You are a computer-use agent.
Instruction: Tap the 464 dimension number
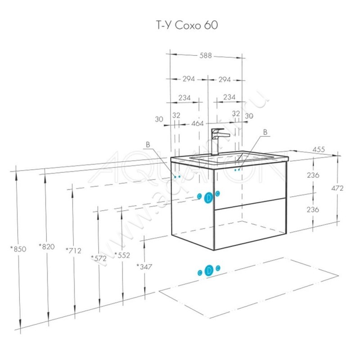pyautogui.click(x=198, y=123)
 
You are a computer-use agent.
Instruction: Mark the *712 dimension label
pyautogui.click(x=73, y=250)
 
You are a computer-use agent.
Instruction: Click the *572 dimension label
pyautogui.click(x=98, y=258)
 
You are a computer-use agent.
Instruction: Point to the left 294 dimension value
pyautogui.click(x=188, y=79)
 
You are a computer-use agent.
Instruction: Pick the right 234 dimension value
pyautogui.click(x=229, y=97)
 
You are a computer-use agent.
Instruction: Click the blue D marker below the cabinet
pyautogui.click(x=209, y=270)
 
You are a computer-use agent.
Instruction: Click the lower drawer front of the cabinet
pyautogui.click(x=250, y=223)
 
